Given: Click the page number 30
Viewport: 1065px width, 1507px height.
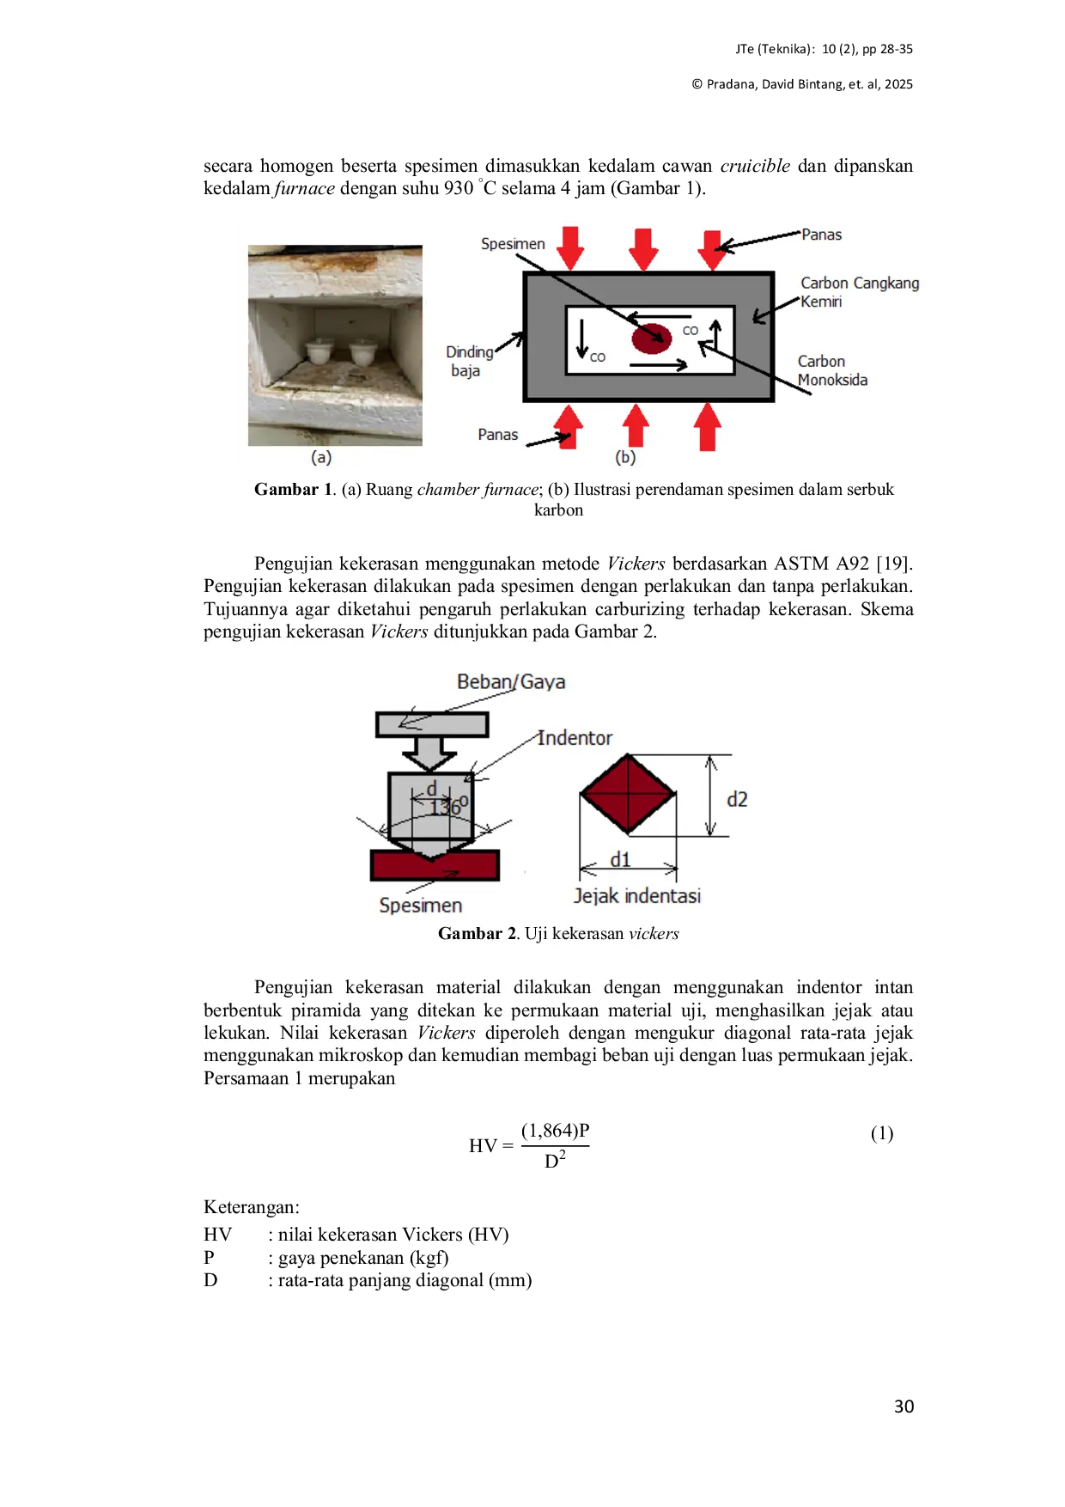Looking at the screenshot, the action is coord(904,1406).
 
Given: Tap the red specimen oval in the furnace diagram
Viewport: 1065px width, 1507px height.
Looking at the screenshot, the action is coord(652,339).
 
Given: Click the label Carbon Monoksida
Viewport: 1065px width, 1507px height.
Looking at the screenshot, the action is coord(832,370).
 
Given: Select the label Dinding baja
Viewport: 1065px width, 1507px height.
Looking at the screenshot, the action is coord(469,361).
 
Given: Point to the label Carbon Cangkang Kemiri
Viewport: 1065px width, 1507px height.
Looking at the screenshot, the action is coord(860,292).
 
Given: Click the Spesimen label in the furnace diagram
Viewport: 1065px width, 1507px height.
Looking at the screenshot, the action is coord(513,244).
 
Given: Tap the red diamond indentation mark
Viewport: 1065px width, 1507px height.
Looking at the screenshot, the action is coord(628,795).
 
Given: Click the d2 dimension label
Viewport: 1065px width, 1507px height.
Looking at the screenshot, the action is coord(737,799).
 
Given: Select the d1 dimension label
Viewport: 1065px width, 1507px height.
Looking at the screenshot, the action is coord(620,859).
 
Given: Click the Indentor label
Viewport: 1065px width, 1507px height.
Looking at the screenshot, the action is coord(575,738).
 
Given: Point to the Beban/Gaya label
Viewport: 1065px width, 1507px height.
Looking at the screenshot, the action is coord(511,682).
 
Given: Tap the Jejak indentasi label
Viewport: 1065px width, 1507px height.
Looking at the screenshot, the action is coord(637,896).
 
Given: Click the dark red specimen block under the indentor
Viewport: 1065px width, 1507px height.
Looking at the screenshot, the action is coord(435,865).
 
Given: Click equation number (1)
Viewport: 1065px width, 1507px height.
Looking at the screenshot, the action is coord(882,1133).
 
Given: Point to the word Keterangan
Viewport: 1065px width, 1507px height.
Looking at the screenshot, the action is coord(252,1207).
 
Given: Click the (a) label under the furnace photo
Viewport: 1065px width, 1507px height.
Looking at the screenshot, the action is coord(321,457).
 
